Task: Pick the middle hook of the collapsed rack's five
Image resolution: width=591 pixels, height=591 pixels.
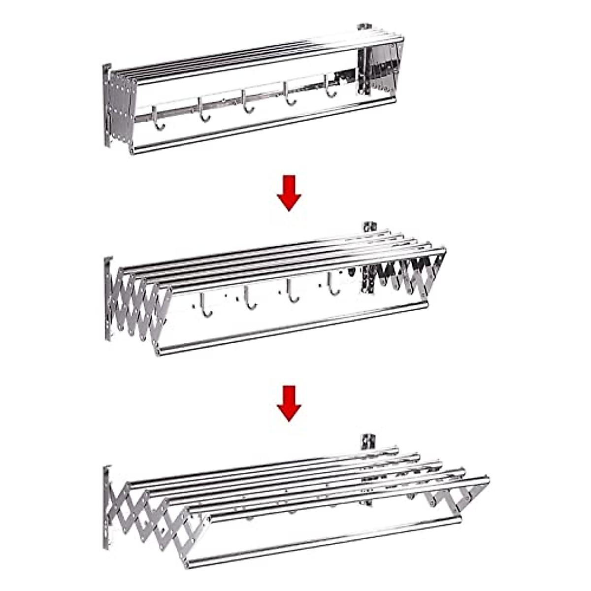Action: pyautogui.click(x=246, y=101)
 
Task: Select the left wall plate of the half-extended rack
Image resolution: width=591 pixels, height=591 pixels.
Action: pyautogui.click(x=108, y=298)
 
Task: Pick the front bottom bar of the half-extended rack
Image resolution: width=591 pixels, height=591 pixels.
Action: pyautogui.click(x=291, y=328)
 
